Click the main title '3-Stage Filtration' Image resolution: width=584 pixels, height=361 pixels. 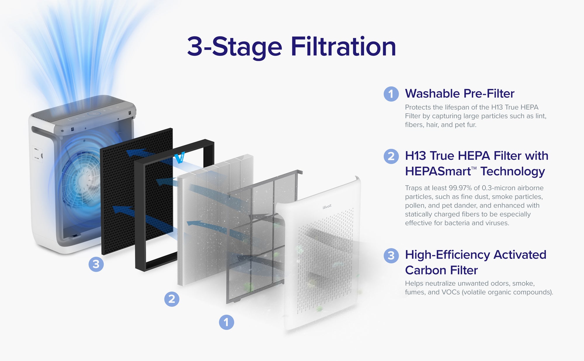point(291,47)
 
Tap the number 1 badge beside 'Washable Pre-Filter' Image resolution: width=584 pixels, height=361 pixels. point(391,94)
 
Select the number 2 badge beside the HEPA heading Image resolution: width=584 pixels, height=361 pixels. point(391,156)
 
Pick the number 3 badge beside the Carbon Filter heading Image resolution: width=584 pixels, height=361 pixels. point(391,256)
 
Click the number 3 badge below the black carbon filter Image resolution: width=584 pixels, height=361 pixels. point(96,264)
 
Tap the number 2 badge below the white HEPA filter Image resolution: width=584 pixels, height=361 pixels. point(172,299)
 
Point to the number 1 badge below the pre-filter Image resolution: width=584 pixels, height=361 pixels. point(226,322)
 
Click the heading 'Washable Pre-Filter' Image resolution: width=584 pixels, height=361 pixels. point(460,94)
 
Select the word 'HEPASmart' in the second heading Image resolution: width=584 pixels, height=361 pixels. point(438,171)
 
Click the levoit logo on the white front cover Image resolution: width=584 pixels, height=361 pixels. point(327,207)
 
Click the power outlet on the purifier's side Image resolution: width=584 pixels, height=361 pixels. point(37,154)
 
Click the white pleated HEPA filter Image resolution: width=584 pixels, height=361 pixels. point(215,219)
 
